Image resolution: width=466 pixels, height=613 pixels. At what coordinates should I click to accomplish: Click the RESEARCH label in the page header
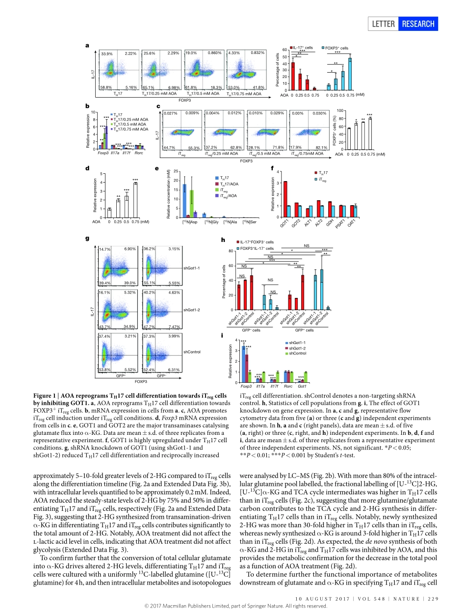[x=418, y=24]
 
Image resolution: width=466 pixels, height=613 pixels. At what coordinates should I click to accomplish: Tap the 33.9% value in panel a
[x=106, y=53]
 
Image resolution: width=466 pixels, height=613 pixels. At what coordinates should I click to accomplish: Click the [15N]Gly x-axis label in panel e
[x=211, y=222]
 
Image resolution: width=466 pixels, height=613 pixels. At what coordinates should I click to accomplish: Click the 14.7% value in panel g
[x=105, y=249]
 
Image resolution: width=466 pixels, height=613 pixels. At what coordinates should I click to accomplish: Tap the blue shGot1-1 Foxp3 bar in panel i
[x=243, y=364]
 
